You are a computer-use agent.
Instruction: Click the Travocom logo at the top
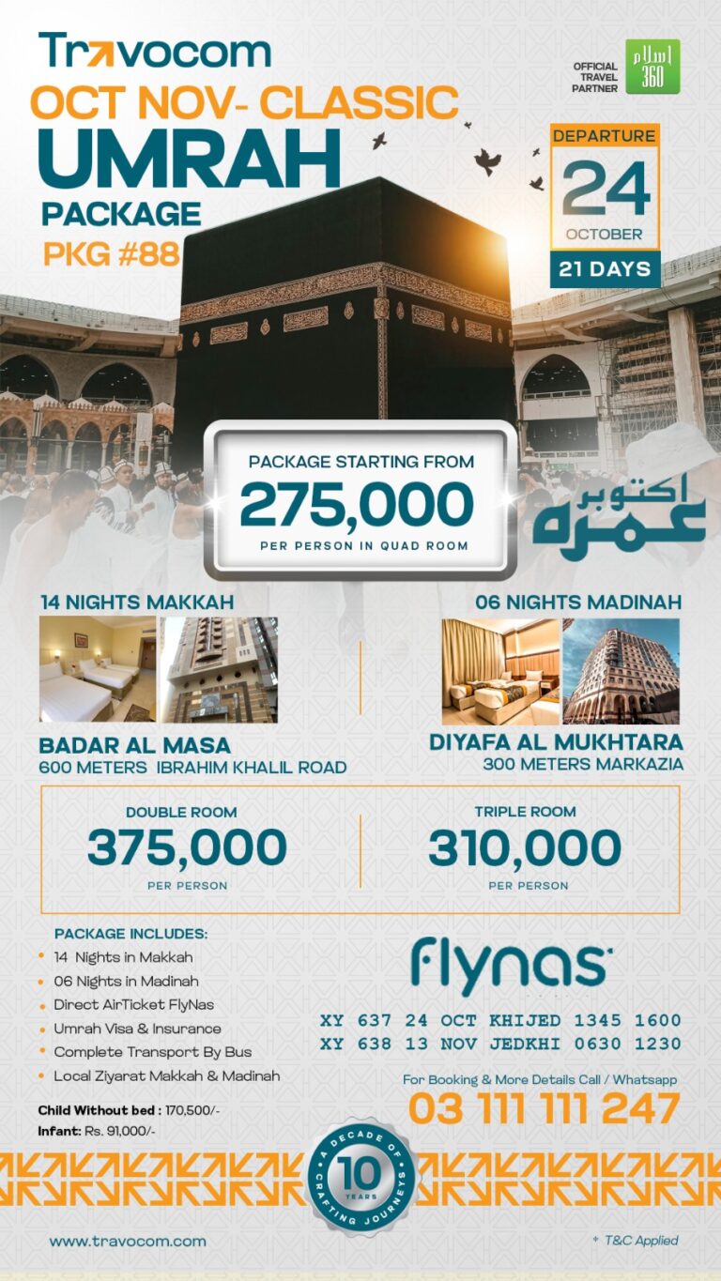pos(155,51)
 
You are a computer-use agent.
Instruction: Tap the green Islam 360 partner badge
pos(652,67)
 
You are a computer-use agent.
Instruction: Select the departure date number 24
pos(606,188)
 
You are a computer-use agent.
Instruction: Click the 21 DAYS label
pos(605,269)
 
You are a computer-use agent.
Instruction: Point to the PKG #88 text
pos(111,254)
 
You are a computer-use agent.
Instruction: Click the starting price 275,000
pos(357,506)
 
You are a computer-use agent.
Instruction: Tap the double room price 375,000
pos(187,848)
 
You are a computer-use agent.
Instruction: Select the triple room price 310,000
pos(525,848)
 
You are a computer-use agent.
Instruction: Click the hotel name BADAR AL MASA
pos(134,746)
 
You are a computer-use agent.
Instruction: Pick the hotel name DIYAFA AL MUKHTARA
pos(556,741)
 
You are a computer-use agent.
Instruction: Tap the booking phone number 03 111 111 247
pos(544,1109)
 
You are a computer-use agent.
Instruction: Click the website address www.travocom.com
pos(128,1241)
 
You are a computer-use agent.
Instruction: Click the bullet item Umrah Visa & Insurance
pos(137,1029)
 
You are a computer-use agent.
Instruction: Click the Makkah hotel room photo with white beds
pos(97,669)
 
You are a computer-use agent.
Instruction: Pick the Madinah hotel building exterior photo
pos(621,671)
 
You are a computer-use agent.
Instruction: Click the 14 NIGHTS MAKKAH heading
pos(137,602)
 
